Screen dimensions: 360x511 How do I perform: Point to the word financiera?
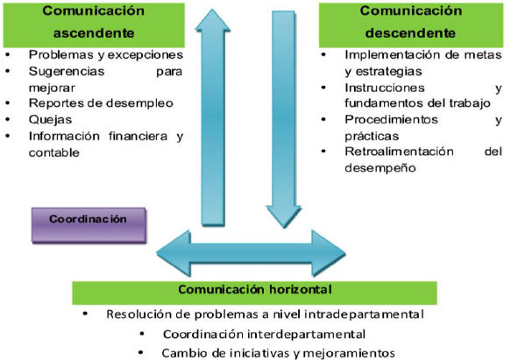click(131, 137)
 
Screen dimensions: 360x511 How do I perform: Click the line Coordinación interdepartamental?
click(262, 334)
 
